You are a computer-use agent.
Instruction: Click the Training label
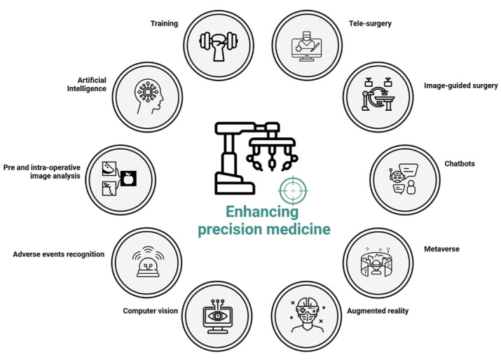(x=164, y=23)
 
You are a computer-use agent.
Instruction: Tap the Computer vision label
(x=150, y=310)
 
